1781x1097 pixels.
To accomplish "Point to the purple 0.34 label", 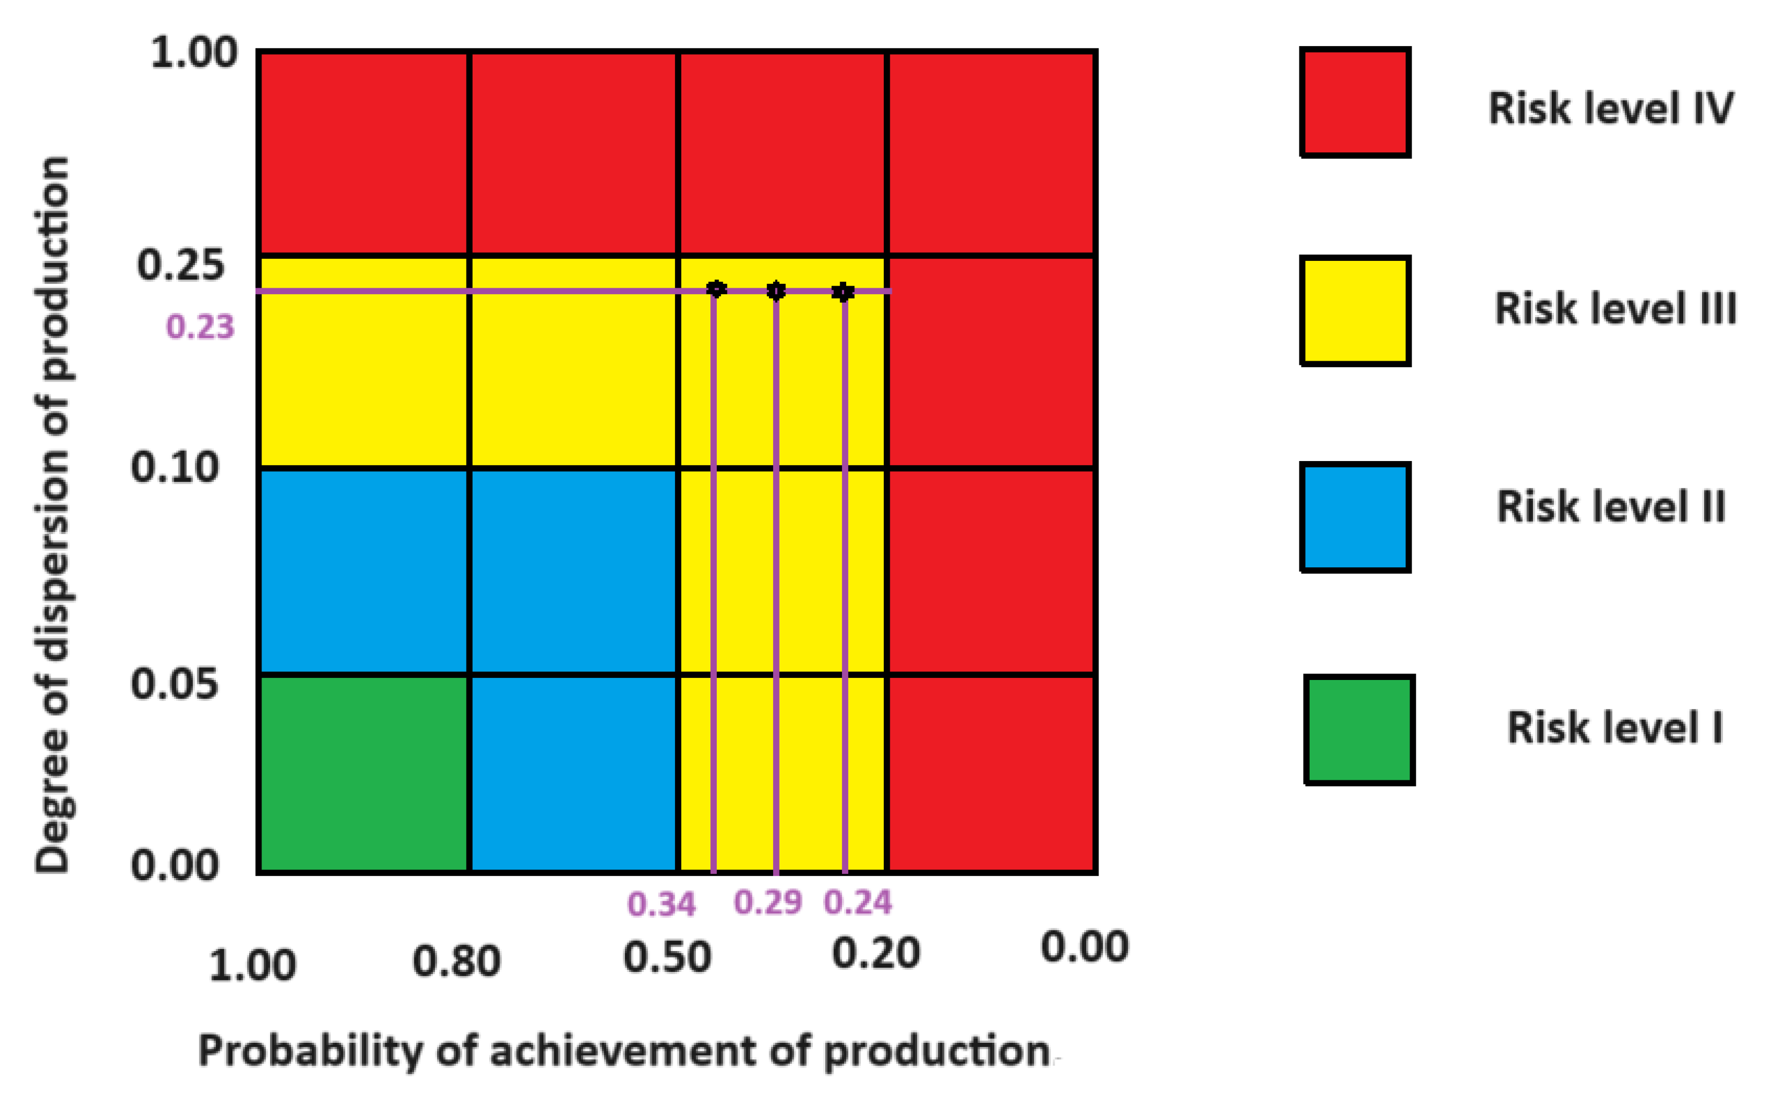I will click(x=661, y=904).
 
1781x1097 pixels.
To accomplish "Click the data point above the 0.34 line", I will click(x=716, y=289).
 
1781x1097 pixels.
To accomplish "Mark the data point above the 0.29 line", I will click(x=776, y=291).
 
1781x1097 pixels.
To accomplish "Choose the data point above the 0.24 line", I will click(x=842, y=291).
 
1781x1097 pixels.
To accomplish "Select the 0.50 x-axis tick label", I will click(x=667, y=957).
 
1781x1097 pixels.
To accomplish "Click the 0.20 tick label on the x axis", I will click(x=876, y=953).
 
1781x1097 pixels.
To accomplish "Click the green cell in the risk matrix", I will click(x=364, y=773).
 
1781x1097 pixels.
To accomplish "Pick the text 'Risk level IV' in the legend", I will click(x=1610, y=109).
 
